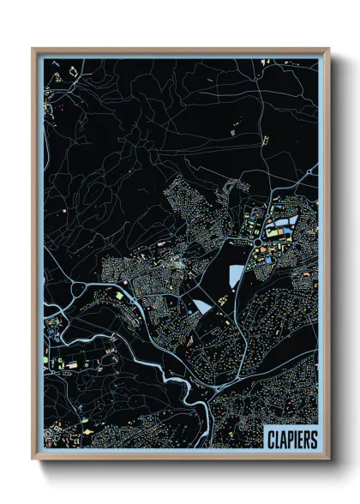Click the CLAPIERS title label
tap(291, 439)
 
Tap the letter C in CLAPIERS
tap(270, 439)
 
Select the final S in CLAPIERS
tap(314, 439)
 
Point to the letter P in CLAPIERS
tap(289, 439)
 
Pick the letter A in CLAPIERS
tap(283, 439)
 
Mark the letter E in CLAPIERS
tap(300, 439)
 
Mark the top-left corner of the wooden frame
tap(33, 50)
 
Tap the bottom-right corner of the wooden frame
tap(328, 461)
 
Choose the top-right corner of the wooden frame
tap(328, 50)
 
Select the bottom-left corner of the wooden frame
tap(33, 461)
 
